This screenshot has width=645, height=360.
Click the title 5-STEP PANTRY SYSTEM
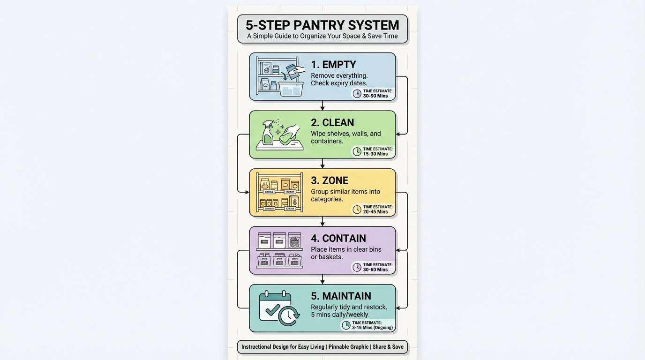pos(322,25)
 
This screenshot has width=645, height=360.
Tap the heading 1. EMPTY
pos(333,65)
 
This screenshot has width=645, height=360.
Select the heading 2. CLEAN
pos(332,123)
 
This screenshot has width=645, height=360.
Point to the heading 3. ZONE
pos(330,180)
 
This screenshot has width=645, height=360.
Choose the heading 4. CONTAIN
pos(338,239)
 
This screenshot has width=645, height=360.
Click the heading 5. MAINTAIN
pos(341,296)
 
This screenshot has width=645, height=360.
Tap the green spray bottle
pos(268,133)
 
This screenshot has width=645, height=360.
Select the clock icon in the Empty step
pos(357,93)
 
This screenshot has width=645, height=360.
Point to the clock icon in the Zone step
pos(357,209)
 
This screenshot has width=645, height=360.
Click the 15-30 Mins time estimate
pos(375,154)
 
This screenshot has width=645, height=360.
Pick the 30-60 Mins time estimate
pos(375,270)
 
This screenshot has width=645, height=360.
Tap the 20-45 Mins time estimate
pos(375,212)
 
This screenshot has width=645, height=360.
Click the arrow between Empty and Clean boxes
pos(322,105)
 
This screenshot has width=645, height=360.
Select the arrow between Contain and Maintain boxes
pos(322,279)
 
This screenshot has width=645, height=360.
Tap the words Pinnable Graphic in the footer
pos(348,347)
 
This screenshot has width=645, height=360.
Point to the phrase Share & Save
pos(388,347)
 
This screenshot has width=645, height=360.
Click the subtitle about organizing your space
pos(322,36)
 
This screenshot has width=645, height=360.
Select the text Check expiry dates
pos(339,83)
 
